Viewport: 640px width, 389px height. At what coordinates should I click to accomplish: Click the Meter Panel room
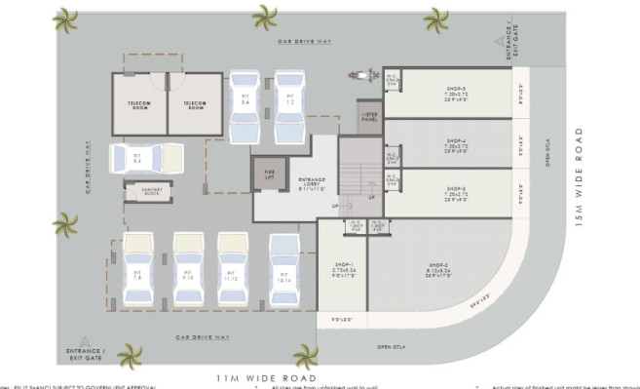pyautogui.click(x=368, y=118)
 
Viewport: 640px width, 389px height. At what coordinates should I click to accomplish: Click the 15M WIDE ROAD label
pyautogui.click(x=578, y=176)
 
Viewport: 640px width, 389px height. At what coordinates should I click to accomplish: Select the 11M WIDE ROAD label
pyautogui.click(x=266, y=376)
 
